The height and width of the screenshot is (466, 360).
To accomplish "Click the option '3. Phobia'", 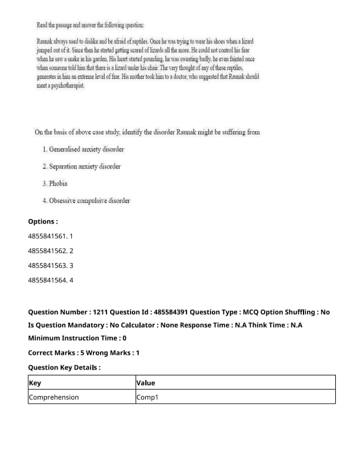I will tap(55, 184).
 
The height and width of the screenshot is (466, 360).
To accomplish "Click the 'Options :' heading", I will tap(43, 222).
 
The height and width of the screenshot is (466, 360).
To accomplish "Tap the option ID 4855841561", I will tap(51, 236).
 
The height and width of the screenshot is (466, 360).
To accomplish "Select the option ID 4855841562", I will tap(51, 251).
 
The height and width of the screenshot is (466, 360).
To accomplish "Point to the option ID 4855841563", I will tap(51, 265).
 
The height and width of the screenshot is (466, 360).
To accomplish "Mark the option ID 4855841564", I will tap(51, 280).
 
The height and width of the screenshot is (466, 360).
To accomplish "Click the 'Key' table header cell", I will tap(35, 383).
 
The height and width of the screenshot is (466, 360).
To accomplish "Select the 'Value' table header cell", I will tap(145, 383).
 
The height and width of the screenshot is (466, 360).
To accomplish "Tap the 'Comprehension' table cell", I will tap(54, 397).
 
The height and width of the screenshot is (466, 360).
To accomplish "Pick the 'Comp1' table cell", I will tap(147, 397).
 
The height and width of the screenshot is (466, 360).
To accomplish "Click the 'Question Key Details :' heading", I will tap(64, 367).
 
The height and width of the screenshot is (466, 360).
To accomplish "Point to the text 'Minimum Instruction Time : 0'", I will tap(77, 338).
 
